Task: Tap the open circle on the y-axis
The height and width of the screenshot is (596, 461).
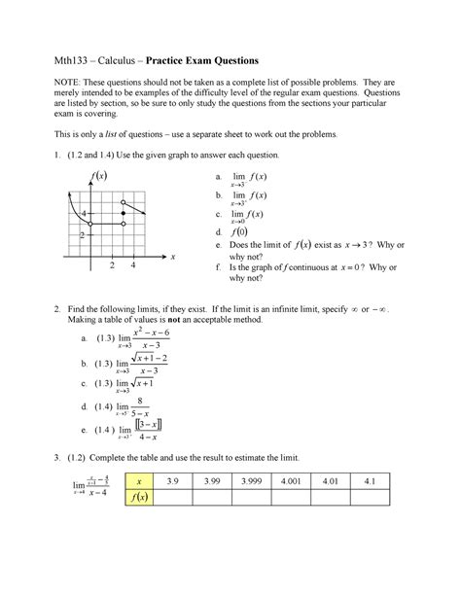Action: coord(90,224)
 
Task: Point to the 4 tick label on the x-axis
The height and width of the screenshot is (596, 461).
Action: coord(131,265)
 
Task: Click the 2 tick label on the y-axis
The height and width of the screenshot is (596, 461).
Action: coord(84,235)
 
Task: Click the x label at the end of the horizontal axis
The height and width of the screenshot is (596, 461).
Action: coord(172,257)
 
